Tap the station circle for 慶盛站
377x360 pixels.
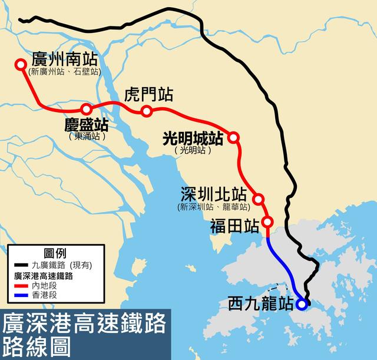pos(87,109)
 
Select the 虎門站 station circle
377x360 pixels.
pos(147,111)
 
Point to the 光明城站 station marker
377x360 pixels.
pos(233,137)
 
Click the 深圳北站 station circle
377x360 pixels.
pos(258,199)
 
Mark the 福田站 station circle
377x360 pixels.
pos(267,222)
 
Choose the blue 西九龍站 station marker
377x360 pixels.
pos(302,305)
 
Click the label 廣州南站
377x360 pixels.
pos(65,60)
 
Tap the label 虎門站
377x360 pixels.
pos(149,94)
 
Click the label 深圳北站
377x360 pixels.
pos(213,195)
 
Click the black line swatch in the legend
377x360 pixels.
pos(20,265)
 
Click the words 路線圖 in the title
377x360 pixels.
pos(36,345)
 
